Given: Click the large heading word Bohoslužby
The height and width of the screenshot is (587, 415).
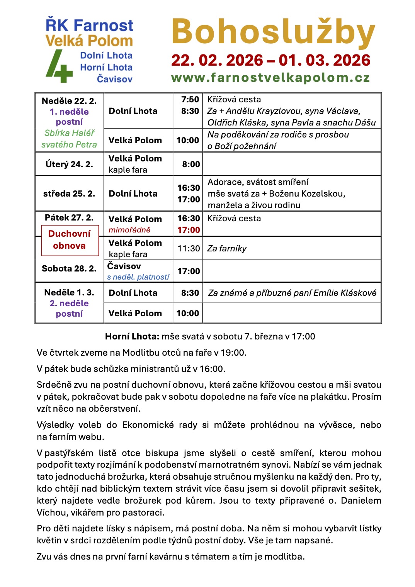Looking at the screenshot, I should pos(273,32).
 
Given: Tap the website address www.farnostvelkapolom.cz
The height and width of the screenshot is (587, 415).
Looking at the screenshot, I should pos(270,78).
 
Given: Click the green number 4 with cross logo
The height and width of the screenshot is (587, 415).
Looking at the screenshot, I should pos(59,66).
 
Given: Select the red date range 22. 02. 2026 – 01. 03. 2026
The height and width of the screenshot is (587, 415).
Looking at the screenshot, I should pos(270,60).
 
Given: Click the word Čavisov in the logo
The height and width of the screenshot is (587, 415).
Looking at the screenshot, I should pos(114,79).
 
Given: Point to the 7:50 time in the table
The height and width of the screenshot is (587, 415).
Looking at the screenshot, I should pos(190,100).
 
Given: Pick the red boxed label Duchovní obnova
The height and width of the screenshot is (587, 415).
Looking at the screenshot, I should pos(70,240).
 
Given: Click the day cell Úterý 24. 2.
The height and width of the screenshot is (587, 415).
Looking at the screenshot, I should pos(69,164).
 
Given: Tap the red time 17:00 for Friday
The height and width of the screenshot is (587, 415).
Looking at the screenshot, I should pos(189,230).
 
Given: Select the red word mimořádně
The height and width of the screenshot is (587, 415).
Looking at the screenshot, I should pos(129,230).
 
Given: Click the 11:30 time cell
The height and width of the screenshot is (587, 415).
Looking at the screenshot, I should pos(189,248).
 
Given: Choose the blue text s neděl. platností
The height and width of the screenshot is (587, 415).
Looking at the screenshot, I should pos(138,277).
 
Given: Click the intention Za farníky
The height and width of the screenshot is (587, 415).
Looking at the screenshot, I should pos(227,249).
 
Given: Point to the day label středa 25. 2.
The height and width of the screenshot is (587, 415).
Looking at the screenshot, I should pos(69,194).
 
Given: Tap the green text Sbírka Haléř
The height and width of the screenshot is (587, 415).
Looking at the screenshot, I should pos(70,133).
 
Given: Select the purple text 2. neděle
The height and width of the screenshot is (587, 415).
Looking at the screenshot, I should pos(69,304).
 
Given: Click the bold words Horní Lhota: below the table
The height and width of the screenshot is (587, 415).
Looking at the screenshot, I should pos(132,336).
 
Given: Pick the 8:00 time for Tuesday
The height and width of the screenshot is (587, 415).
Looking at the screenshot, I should pos(191,165).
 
